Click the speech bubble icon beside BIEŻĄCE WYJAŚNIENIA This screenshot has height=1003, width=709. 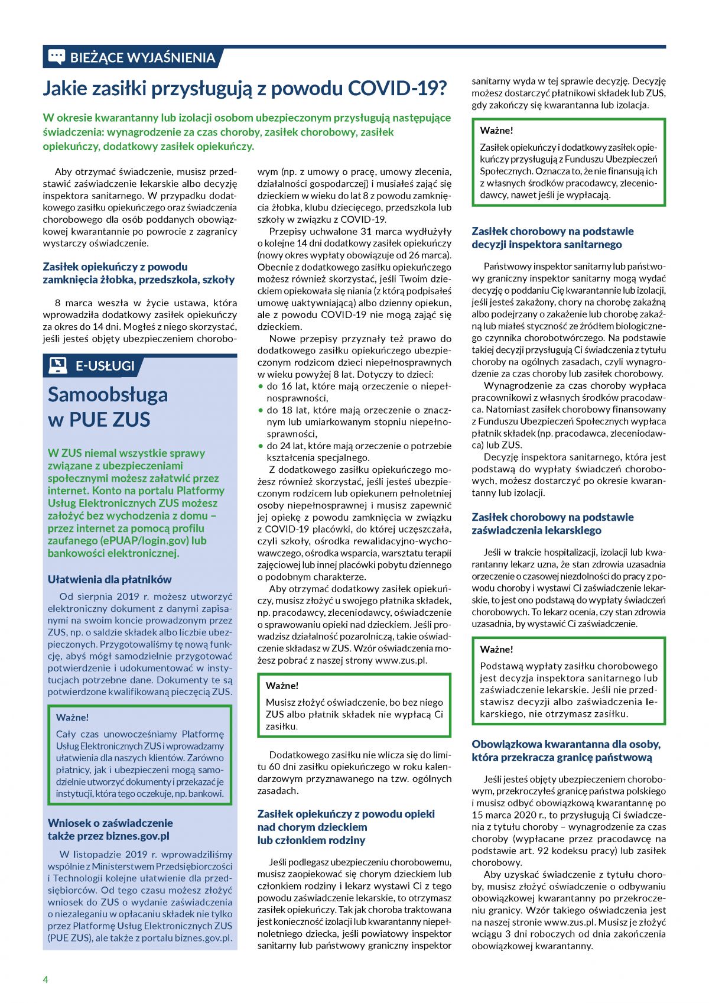[x=56, y=57]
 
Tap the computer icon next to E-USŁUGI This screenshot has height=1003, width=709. [x=57, y=365]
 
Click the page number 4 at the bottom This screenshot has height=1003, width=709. [x=45, y=979]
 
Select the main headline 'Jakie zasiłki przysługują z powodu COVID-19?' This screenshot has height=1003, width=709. [x=245, y=89]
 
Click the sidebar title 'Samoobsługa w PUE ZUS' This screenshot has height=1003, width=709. [x=108, y=407]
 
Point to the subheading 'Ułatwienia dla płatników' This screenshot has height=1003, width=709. [x=109, y=579]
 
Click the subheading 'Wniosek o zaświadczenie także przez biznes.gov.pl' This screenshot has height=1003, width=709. [x=110, y=829]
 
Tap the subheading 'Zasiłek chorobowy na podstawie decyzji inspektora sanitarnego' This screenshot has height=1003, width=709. [x=552, y=238]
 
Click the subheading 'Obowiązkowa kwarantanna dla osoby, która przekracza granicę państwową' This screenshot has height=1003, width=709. [x=565, y=751]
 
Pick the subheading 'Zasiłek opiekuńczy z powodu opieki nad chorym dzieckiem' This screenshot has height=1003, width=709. [x=346, y=827]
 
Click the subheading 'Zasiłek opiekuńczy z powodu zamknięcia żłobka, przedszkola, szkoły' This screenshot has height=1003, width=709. [x=138, y=273]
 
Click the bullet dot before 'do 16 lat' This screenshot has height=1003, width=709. [x=261, y=386]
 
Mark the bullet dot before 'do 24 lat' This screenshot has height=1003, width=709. [x=261, y=446]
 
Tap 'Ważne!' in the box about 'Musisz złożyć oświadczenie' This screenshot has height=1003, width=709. [x=282, y=686]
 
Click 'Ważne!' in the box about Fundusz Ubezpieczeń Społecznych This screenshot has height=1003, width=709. [x=496, y=131]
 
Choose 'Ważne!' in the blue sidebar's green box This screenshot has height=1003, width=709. [x=72, y=717]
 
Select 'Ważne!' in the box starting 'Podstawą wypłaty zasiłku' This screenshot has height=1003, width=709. [x=496, y=649]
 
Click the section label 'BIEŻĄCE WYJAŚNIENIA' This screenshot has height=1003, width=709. [x=142, y=57]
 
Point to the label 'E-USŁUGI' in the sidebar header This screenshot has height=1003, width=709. [x=105, y=366]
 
